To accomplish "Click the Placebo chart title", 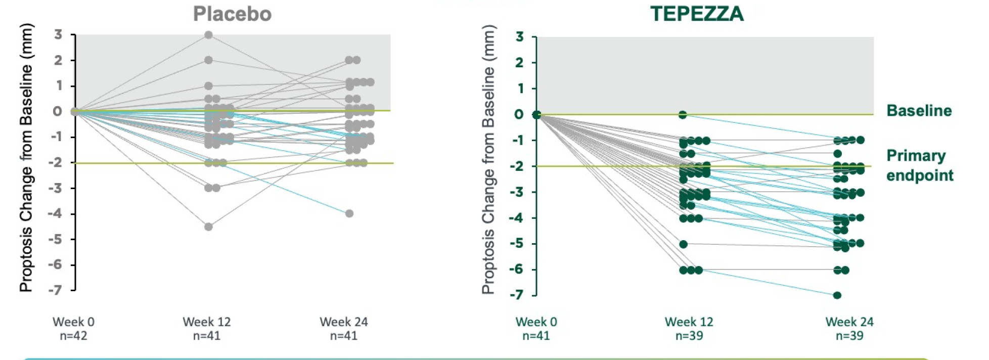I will click(232, 14).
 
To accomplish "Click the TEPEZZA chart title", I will click(697, 14).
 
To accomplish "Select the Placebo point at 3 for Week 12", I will click(208, 35).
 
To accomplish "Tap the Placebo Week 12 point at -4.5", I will click(208, 227).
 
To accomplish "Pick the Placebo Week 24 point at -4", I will click(349, 213).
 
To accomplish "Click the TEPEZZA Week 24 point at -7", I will click(837, 295).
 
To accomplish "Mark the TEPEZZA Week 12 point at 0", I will click(683, 115).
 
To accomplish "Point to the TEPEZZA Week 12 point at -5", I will click(683, 244).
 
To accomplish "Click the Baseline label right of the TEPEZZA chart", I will click(919, 111).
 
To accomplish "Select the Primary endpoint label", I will click(920, 165).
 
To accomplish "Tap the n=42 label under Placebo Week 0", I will click(73, 336).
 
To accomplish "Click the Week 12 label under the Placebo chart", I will click(206, 322).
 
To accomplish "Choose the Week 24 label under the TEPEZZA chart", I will click(849, 322).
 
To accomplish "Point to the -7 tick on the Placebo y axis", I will click(55, 290).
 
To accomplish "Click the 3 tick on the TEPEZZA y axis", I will click(519, 37).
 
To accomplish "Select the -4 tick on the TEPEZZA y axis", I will click(516, 218).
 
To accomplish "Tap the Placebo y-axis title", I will click(26, 158).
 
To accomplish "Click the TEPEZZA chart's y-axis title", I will click(488, 160).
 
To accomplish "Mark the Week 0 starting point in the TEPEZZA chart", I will click(536, 115).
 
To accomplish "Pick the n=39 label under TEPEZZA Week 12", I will click(689, 336).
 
